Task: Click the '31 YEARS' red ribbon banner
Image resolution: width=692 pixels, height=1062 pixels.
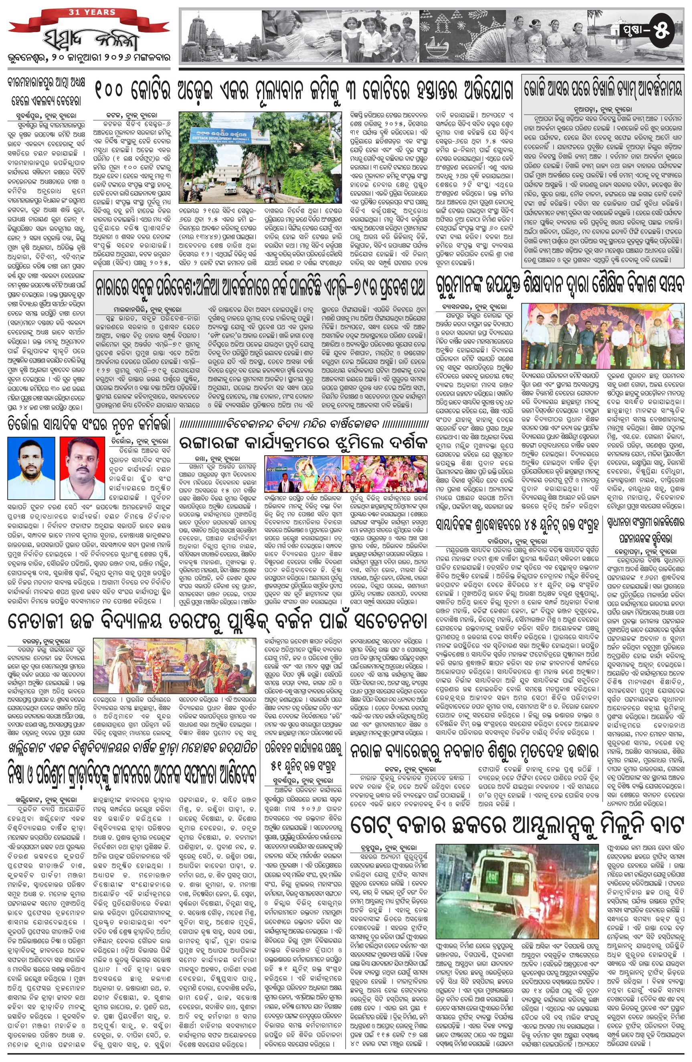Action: pyautogui.click(x=92, y=12)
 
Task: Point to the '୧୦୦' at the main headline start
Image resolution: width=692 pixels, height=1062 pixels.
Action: pyautogui.click(x=109, y=91)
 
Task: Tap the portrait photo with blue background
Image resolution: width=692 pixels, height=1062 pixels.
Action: pyautogui.click(x=31, y=468)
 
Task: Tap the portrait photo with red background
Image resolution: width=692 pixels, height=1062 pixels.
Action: pyautogui.click(x=82, y=468)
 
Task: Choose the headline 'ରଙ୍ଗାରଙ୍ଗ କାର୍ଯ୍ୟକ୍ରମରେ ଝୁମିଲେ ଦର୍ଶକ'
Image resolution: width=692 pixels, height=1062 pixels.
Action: pyautogui.click(x=303, y=443)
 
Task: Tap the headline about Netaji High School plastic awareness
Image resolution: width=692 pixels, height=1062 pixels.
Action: pyautogui.click(x=217, y=621)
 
